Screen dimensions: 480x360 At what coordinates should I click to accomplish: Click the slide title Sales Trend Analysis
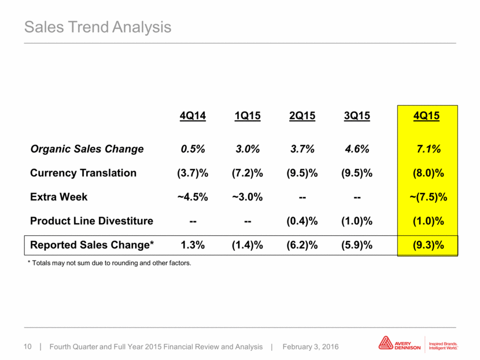[x=98, y=27]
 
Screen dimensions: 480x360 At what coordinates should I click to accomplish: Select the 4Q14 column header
[x=193, y=116]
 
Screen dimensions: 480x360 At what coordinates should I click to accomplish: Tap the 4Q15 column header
[x=426, y=116]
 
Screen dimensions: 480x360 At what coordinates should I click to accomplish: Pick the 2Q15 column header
[x=302, y=116]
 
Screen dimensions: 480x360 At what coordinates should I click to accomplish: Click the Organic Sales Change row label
[x=87, y=149]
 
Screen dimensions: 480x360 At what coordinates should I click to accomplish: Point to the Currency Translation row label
[x=83, y=173]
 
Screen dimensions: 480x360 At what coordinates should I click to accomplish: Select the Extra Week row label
[x=59, y=196]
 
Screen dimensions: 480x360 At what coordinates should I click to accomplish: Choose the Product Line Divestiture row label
[x=91, y=221]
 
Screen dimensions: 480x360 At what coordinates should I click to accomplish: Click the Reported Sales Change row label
[x=92, y=245]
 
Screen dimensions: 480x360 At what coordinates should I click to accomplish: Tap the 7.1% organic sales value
[x=429, y=149]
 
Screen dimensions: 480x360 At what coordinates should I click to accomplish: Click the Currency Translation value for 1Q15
[x=248, y=173]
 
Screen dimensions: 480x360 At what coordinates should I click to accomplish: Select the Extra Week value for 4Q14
[x=193, y=197]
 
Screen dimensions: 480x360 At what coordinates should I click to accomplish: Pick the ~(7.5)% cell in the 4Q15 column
[x=429, y=197]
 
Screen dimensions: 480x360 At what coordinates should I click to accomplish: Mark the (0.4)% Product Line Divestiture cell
[x=302, y=221]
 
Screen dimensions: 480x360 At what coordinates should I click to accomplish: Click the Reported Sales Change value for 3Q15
[x=357, y=245]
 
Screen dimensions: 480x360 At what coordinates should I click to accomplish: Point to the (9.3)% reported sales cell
[x=429, y=245]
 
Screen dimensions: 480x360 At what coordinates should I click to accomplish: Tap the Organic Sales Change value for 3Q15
[x=357, y=149]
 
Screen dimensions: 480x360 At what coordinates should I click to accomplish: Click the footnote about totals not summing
[x=109, y=263]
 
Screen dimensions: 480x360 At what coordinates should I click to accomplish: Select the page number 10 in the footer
[x=28, y=347]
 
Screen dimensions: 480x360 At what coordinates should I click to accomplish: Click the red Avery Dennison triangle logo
[x=386, y=343]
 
